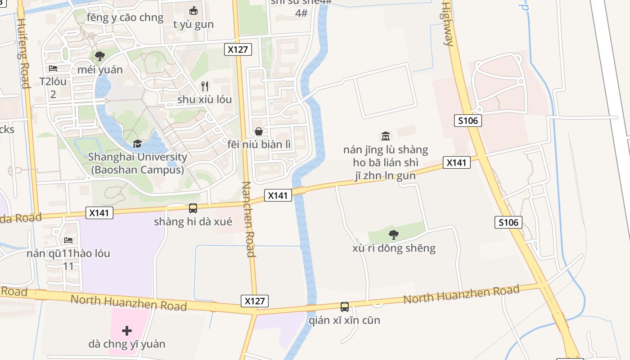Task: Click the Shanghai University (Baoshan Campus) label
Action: pos(137,163)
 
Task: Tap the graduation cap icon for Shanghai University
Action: pos(137,144)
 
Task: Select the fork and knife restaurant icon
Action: pos(205,86)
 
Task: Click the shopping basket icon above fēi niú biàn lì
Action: pos(259,131)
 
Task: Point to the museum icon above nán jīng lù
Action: pos(386,136)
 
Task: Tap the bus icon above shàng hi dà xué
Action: pos(193,208)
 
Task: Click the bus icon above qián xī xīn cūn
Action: pos(345,307)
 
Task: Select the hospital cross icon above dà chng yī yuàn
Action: pos(127,331)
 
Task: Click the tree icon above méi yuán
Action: pos(100,56)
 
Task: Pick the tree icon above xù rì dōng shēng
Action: pos(394,234)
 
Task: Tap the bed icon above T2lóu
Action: pos(53,69)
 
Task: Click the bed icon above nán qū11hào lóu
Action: pos(68,240)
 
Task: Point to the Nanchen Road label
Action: pos(248,219)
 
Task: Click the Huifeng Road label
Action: pos(23,49)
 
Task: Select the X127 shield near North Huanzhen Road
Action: pos(255,301)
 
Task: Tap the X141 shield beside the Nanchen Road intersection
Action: pos(278,195)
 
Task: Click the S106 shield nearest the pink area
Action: pos(468,121)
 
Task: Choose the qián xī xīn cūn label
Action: pos(345,320)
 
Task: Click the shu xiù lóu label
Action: pos(204,99)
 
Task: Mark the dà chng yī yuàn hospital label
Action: pos(127,344)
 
